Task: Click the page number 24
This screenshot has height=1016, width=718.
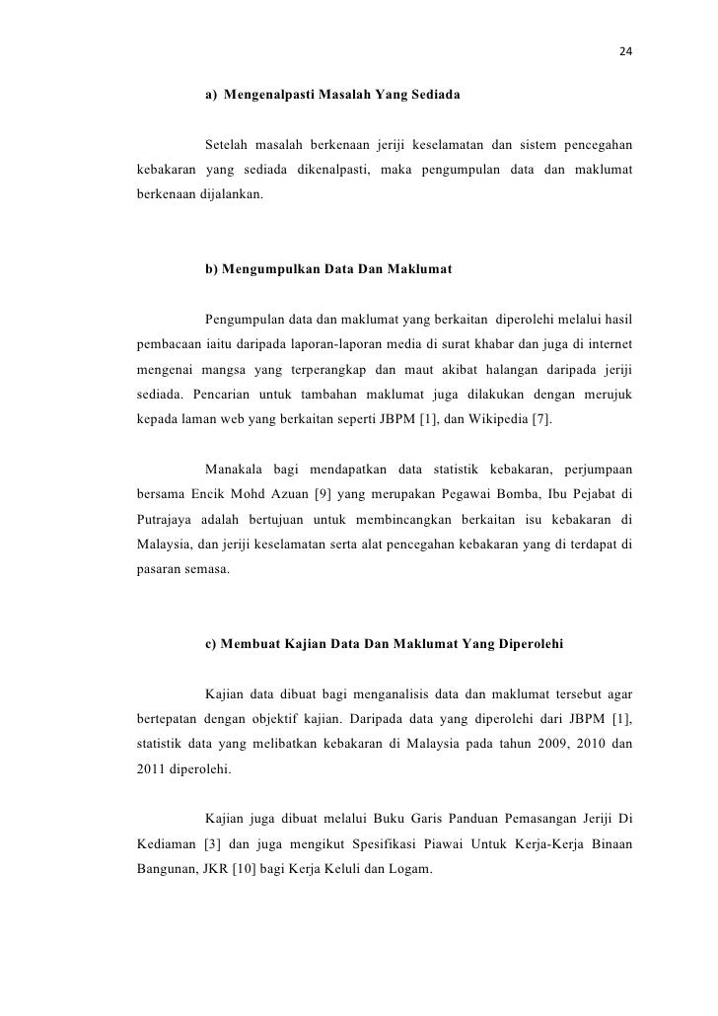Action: click(625, 51)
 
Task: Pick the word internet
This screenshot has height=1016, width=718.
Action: click(608, 343)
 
